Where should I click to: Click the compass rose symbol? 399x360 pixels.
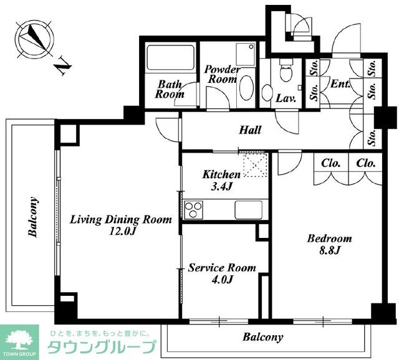coord(34,40)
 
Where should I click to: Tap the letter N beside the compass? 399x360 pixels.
coord(62,66)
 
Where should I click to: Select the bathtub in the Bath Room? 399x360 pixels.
coord(170,57)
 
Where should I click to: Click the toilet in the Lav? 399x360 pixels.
coord(286,70)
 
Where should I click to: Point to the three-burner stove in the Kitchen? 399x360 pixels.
coord(193,209)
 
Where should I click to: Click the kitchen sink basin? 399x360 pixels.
coord(248,210)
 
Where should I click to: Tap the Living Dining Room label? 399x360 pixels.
coord(121,220)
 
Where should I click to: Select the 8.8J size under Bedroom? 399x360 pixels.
coord(330,250)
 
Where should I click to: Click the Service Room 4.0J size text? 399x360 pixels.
coord(222,280)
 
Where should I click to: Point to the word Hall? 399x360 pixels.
coord(251,130)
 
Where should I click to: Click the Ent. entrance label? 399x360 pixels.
coord(340,83)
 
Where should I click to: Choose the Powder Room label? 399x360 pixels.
coord(221,74)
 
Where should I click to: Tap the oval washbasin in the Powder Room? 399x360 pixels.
coord(247,88)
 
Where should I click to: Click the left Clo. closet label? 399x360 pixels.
coord(331,163)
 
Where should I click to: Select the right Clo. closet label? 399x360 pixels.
coord(366,163)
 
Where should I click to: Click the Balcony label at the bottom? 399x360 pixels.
coord(263,337)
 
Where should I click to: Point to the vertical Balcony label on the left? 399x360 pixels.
coord(33,217)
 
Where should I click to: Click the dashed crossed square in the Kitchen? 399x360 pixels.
coord(256,164)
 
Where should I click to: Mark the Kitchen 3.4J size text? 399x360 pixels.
coord(221,187)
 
